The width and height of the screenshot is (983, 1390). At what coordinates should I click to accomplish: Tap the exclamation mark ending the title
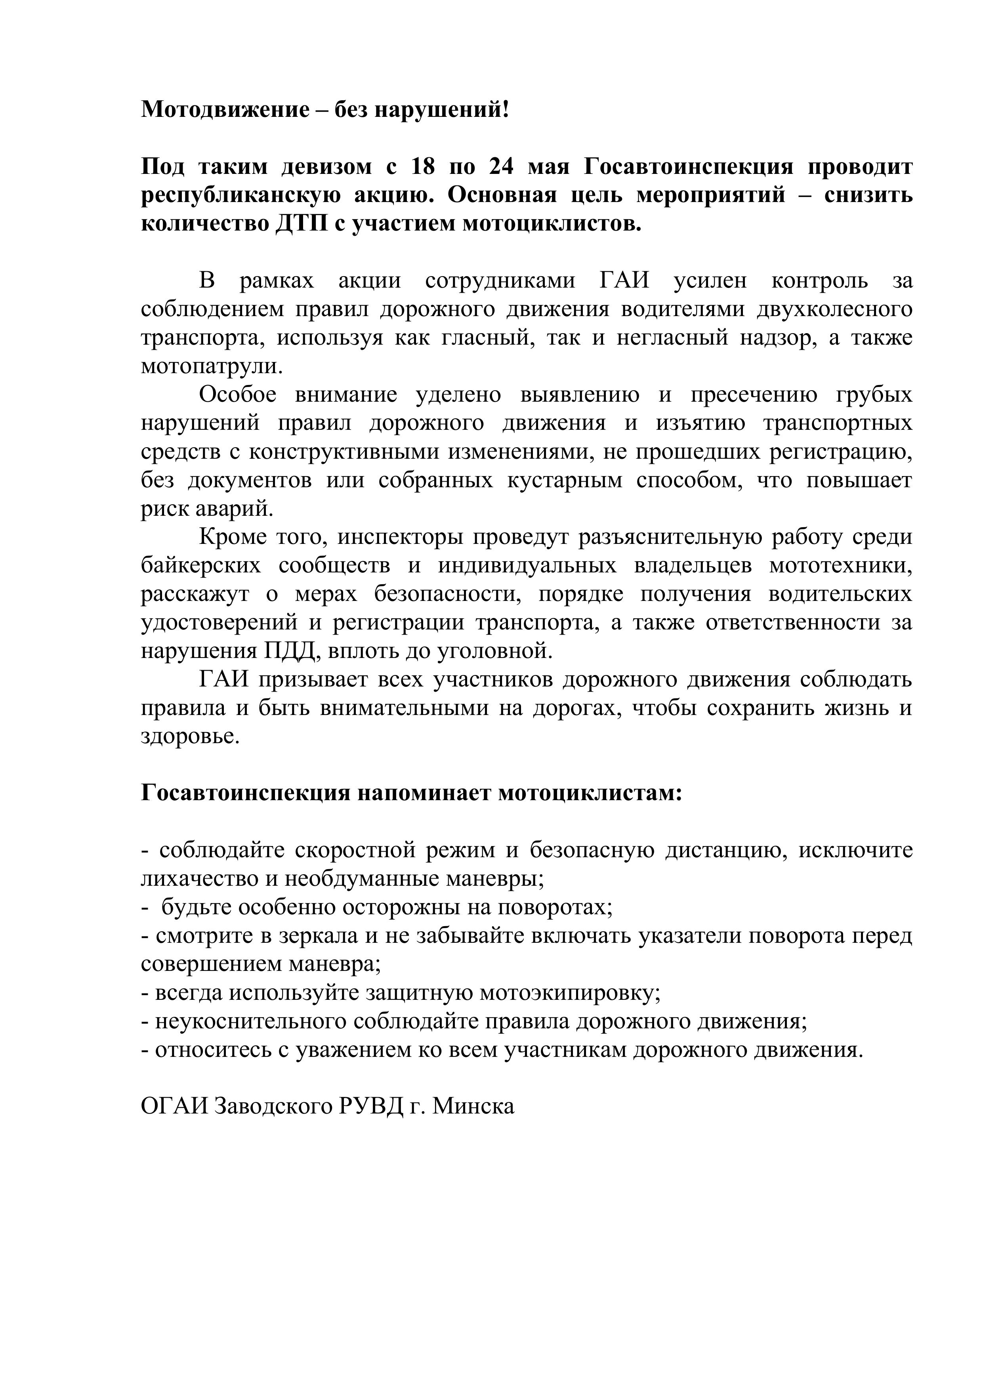pos(506,110)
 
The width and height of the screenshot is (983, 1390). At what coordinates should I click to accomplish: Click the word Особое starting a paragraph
pos(237,395)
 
